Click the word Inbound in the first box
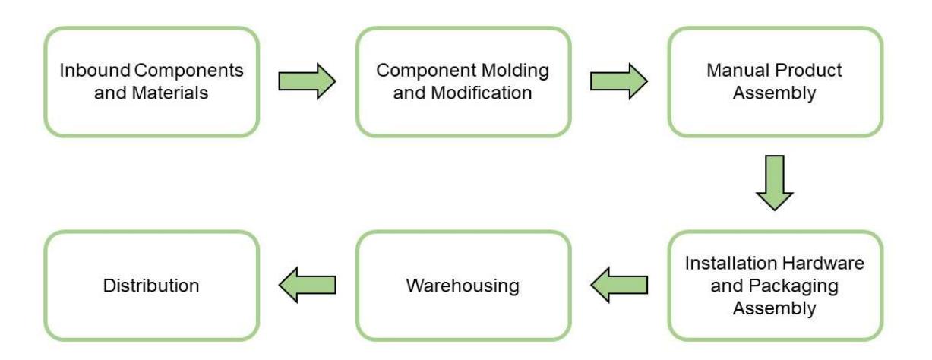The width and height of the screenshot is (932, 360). coord(95,71)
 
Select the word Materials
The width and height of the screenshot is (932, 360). coord(169,93)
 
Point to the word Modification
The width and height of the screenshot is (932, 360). coord(482,93)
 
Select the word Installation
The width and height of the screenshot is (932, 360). coord(731,263)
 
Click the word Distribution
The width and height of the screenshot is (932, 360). coord(151,286)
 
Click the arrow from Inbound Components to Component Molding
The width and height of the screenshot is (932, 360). coord(307,81)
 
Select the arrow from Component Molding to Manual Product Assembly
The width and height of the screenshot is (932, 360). coord(619,81)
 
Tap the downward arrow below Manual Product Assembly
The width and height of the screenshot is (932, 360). coord(774,183)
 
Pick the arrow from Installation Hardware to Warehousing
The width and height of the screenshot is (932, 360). coord(619,285)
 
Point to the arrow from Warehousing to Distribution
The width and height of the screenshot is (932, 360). coord(308,285)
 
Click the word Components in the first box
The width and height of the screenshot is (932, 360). coord(189,71)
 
